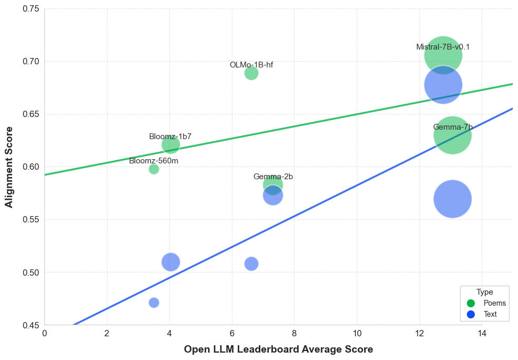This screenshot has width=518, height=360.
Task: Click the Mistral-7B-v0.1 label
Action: coord(443,47)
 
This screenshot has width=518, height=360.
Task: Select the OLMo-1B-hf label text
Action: coord(251,65)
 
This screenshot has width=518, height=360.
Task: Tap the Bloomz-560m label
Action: coord(153,161)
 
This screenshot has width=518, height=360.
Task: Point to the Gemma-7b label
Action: coord(453,127)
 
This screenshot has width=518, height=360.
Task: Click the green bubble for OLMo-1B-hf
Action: coord(251,73)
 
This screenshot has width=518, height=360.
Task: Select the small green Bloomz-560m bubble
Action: coord(154,169)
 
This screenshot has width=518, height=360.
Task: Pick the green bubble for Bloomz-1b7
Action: coord(171,144)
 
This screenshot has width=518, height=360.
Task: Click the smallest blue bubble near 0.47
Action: coord(154,303)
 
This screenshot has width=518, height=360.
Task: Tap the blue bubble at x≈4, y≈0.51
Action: coord(170,261)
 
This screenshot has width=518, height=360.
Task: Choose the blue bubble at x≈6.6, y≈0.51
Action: coord(251,264)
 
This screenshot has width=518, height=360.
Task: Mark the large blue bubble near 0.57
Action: coord(453,199)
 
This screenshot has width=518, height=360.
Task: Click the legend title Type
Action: coord(484,292)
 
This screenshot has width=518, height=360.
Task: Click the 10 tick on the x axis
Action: coord(357,333)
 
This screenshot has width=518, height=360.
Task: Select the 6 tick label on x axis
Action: coord(232,333)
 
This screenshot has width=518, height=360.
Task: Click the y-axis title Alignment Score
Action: coord(9,167)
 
